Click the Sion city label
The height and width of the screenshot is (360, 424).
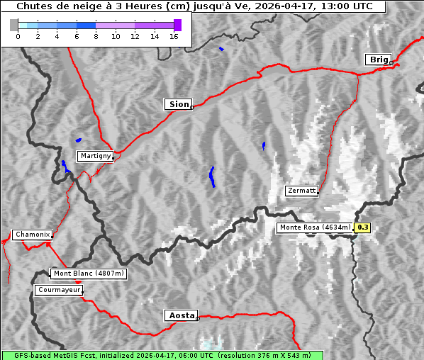click(179, 104)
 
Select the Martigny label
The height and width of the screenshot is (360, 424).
click(94, 156)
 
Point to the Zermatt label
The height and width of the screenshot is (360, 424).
click(301, 191)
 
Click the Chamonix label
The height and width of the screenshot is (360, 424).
click(32, 235)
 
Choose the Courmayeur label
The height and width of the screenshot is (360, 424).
click(59, 290)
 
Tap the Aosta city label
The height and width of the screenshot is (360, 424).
click(180, 315)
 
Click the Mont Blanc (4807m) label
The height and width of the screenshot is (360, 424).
click(89, 274)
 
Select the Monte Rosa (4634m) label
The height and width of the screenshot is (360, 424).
click(314, 227)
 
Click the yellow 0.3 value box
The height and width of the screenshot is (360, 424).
click(362, 227)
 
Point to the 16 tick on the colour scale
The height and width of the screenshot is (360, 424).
click(174, 36)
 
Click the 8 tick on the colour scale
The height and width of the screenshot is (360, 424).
click(96, 36)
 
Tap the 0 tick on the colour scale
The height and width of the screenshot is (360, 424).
click(18, 36)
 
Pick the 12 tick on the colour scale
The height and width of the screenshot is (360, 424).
click(135, 36)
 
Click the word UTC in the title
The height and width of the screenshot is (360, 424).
click(360, 6)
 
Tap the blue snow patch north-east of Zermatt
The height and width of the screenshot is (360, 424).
click(264, 145)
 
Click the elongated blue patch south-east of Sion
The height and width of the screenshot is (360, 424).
click(212, 176)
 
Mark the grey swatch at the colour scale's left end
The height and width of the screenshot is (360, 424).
click(13, 25)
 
